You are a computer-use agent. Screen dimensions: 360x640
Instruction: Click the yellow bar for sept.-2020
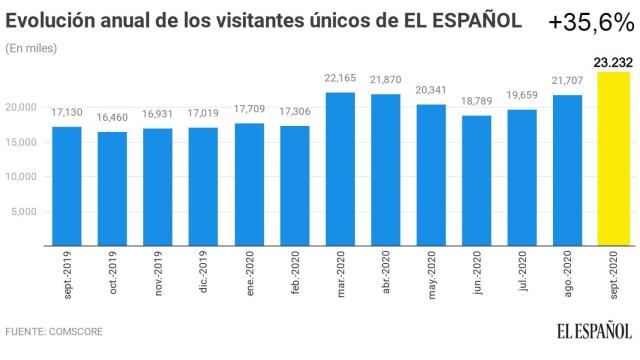pos(613,158)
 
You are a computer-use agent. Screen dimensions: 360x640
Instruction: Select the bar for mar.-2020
pos(340,168)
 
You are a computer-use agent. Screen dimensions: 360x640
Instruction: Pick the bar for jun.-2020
pos(477,180)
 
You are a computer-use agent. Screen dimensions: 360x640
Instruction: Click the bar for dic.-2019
pos(203,186)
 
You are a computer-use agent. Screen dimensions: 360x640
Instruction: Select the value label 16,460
pos(112,119)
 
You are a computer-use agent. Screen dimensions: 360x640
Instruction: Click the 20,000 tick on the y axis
pos(20,107)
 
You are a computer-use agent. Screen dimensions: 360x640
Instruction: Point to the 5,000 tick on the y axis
pos(23,211)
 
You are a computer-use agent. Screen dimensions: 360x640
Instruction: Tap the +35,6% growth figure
pos(590,21)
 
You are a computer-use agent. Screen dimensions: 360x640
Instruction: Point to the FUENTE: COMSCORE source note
pos(54,331)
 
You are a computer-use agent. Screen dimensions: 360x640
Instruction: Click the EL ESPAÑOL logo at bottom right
pos(594,330)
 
